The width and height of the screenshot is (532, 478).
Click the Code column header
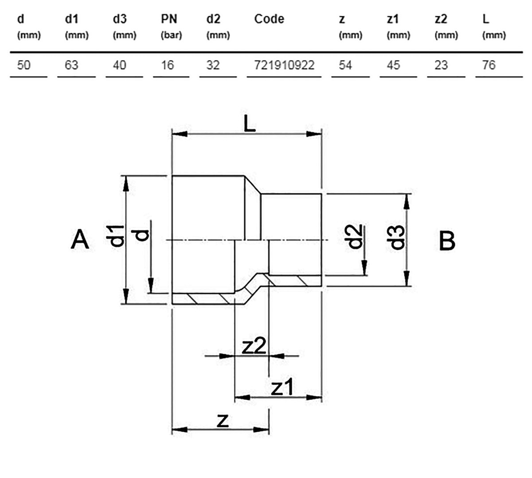[269, 19]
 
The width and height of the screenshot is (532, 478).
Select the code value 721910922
[284, 65]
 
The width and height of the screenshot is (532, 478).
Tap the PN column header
[169, 19]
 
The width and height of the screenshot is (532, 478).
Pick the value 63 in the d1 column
[71, 65]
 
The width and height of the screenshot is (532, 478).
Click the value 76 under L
[489, 65]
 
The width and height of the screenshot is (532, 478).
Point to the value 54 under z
[345, 65]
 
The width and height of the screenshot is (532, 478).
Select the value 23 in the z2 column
[441, 65]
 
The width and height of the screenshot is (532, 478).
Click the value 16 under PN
[167, 65]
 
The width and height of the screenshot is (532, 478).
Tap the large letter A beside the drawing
[79, 239]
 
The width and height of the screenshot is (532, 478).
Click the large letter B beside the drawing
[447, 241]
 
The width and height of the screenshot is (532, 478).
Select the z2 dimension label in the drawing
[254, 347]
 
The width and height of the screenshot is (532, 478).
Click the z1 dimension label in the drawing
[282, 387]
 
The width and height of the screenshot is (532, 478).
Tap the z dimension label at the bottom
[223, 421]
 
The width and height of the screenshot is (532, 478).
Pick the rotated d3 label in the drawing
[399, 238]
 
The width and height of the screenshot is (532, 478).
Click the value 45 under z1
[393, 65]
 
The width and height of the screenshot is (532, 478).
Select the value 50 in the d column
[23, 65]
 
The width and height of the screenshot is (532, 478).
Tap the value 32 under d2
[213, 65]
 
